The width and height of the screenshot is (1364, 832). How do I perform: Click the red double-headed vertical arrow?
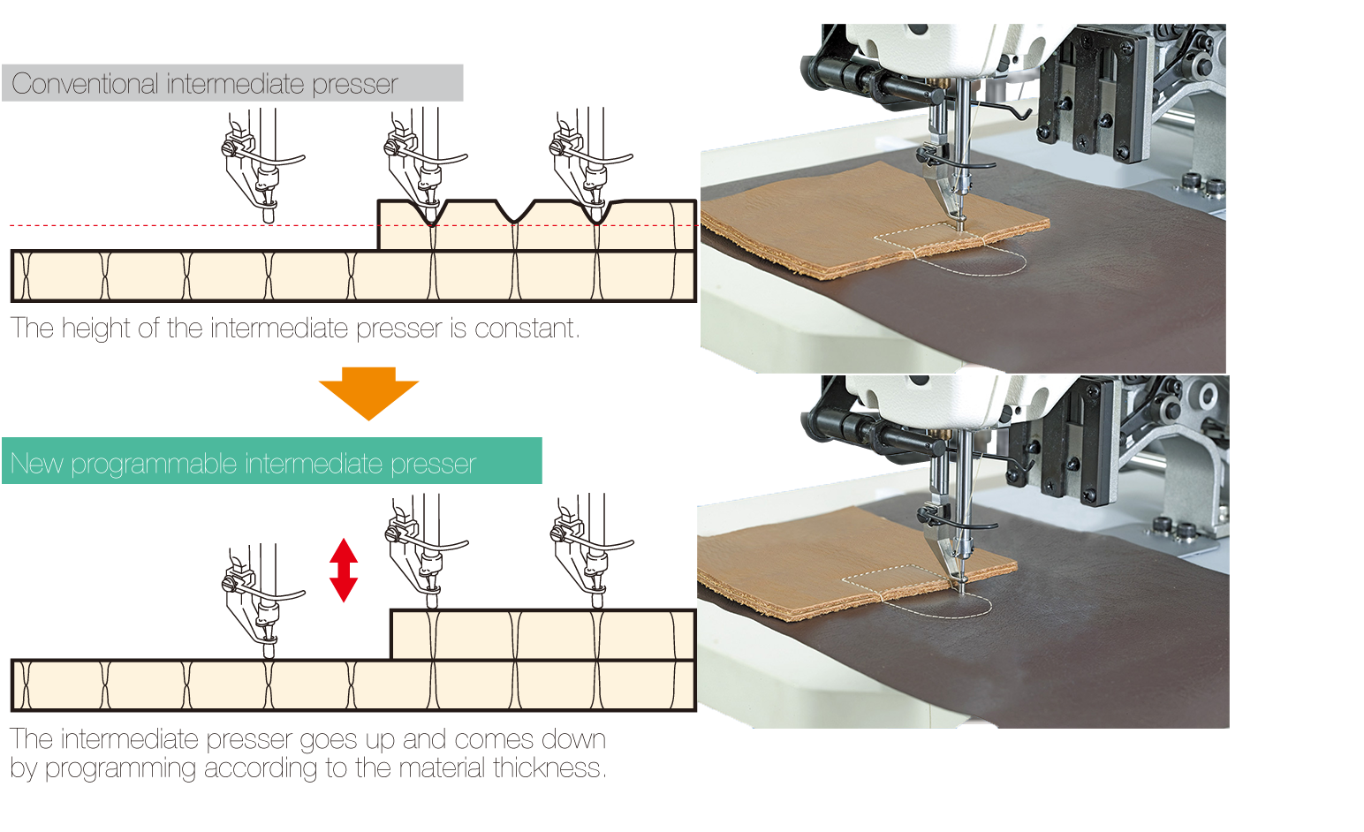coord(344,571)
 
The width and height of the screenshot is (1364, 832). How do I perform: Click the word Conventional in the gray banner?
coord(85,83)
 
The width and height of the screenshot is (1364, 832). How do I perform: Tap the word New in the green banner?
coord(36,464)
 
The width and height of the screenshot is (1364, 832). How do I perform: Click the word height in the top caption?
coord(95,329)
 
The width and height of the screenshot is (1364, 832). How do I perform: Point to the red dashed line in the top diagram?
coord(353,226)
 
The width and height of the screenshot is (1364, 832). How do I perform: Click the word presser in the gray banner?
coord(355,85)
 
